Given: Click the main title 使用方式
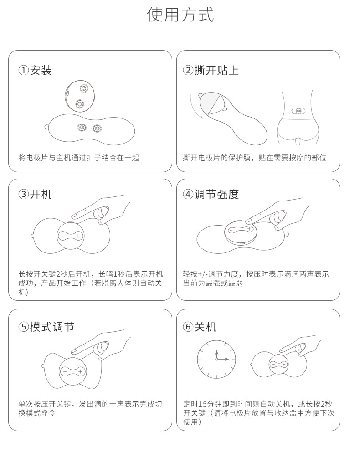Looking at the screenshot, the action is (x=180, y=15).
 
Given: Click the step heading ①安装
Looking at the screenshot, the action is (x=35, y=70).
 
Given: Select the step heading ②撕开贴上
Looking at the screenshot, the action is (x=211, y=70).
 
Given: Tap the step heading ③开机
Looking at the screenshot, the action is (x=35, y=194).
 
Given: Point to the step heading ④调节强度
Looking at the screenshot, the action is (x=211, y=194).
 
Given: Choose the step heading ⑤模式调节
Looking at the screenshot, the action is (x=46, y=327).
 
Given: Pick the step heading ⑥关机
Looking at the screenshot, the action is (x=200, y=327).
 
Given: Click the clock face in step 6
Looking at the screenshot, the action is (x=216, y=359).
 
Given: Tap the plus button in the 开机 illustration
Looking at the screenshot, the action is (x=78, y=236).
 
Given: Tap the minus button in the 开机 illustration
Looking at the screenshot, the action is (x=63, y=236).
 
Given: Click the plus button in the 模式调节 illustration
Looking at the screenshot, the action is (x=80, y=371).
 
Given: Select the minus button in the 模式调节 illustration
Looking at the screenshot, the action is (x=65, y=371).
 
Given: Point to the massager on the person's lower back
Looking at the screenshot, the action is (x=298, y=110).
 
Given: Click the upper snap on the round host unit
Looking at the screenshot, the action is (x=83, y=88).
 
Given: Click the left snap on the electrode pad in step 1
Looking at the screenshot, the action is (x=81, y=128).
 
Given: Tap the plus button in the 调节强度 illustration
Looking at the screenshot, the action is (x=249, y=229).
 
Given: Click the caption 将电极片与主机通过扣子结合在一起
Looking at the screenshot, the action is (x=78, y=158).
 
